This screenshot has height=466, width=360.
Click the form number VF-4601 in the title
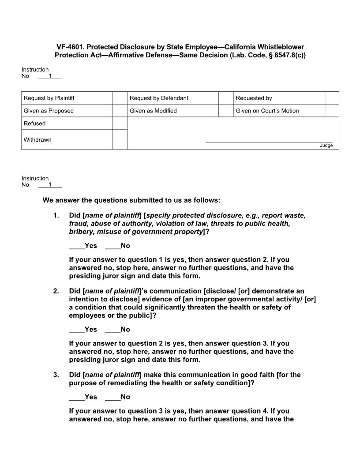[71, 47]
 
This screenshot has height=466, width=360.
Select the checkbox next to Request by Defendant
[226, 98]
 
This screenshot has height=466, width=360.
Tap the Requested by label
[254, 98]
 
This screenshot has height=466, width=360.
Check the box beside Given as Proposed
[120, 111]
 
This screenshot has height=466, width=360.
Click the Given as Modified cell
[153, 111]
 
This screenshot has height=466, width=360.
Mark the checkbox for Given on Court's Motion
[332, 111]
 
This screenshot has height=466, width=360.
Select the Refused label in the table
[34, 124]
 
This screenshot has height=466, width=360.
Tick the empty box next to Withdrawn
[120, 139]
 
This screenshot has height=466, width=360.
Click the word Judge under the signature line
[326, 146]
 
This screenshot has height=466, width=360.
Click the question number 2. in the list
[56, 291]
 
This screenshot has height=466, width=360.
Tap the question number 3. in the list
[56, 375]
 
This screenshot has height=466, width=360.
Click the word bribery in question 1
[82, 232]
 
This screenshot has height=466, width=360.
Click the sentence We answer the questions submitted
[131, 200]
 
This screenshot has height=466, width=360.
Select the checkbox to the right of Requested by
[332, 98]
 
